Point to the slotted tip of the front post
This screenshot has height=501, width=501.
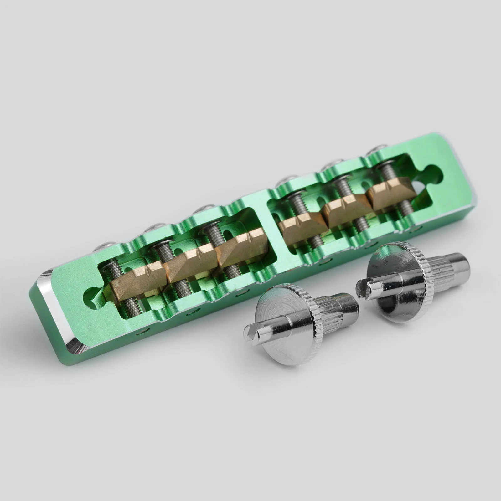[x=252, y=333]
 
